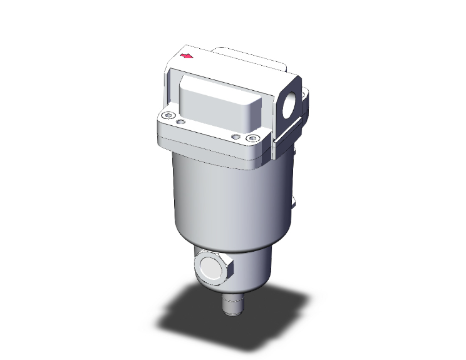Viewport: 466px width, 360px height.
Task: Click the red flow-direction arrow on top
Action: point(187,57)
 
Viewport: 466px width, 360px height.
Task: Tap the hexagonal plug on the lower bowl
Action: point(212,267)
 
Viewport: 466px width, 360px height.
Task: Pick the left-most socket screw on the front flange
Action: point(166,115)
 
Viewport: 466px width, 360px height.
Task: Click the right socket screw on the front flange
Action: point(252,138)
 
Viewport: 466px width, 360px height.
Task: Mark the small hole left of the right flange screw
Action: point(236,136)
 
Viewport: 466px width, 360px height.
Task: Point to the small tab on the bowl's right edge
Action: point(293,202)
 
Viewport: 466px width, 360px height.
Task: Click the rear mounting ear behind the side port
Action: point(305,100)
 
